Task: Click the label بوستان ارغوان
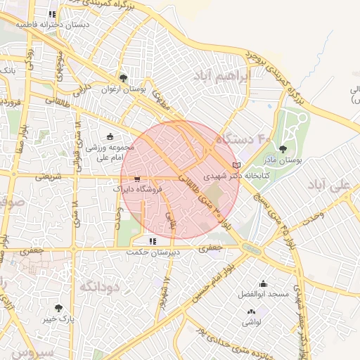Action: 123,89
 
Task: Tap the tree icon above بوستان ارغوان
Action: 123,78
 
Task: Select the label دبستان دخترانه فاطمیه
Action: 52,25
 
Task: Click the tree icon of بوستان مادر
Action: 283,148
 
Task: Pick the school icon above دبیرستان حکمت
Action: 153,241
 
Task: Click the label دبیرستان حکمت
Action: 154,252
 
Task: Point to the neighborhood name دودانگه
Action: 101,286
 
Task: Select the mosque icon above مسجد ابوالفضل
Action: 263,283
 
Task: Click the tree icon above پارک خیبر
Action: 58,308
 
